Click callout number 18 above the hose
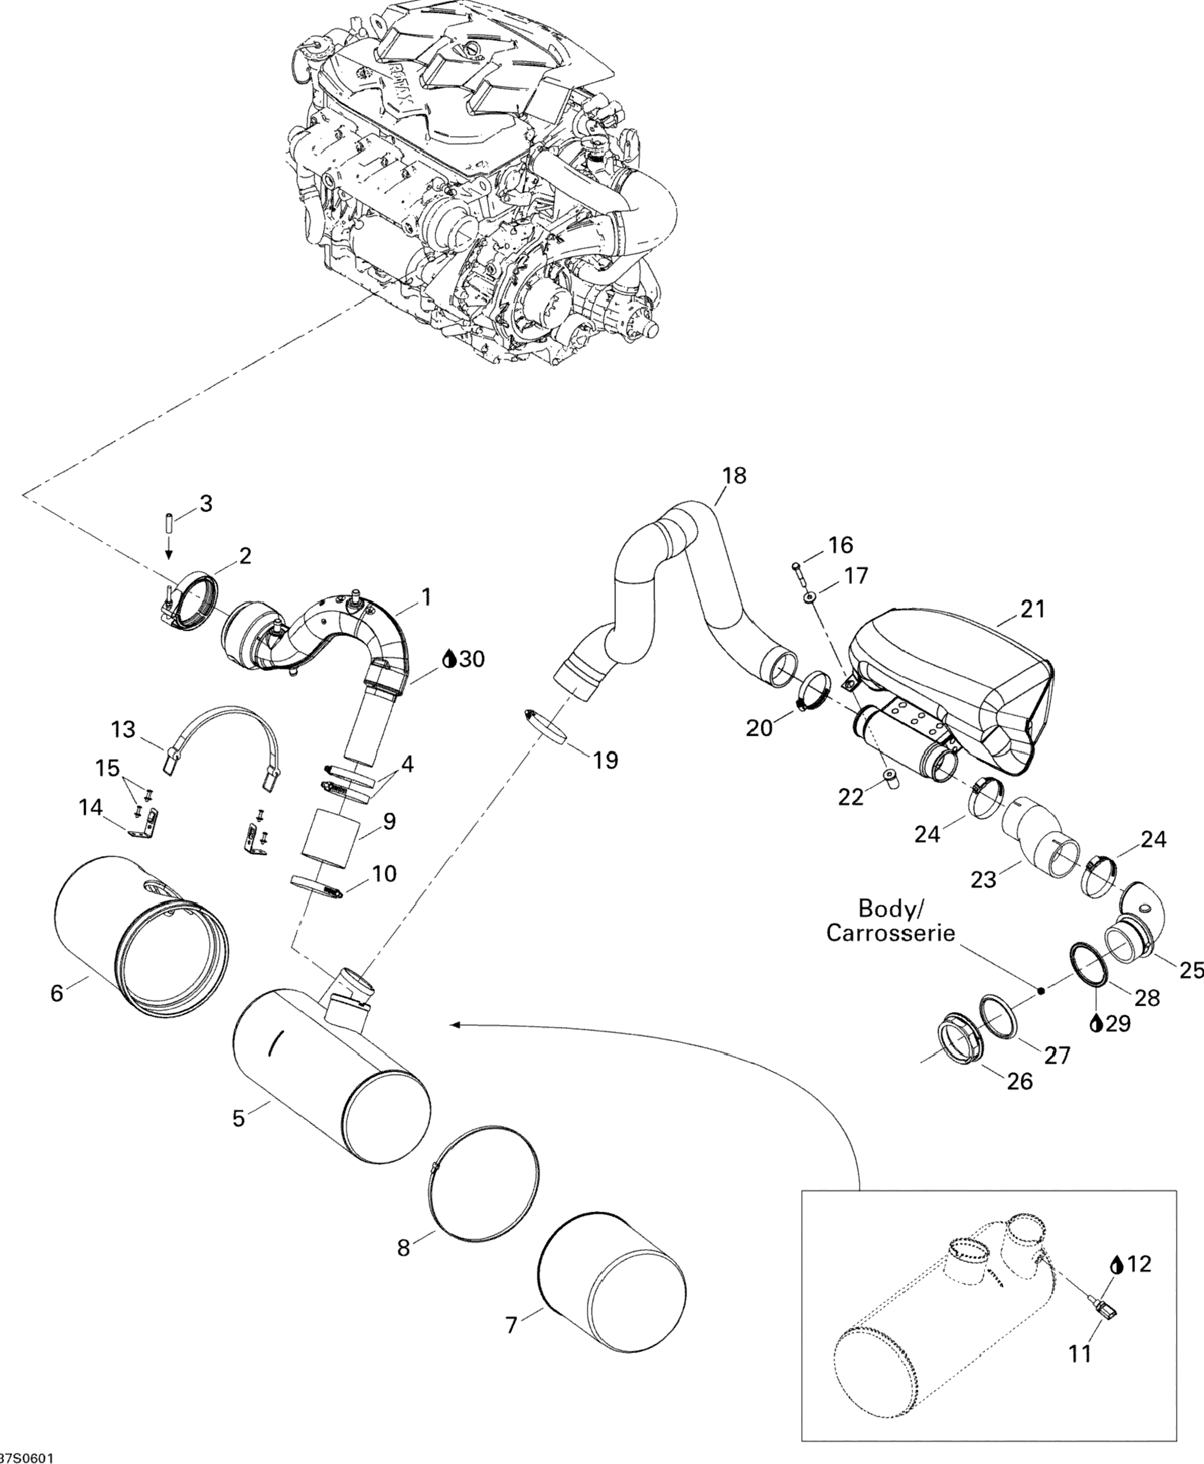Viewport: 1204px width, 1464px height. pyautogui.click(x=734, y=476)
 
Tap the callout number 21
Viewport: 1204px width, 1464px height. pyautogui.click(x=1033, y=609)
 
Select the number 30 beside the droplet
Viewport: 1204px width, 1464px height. pyautogui.click(x=472, y=659)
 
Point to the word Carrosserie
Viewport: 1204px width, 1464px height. pyautogui.click(x=890, y=933)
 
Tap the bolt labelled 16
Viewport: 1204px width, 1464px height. pyautogui.click(x=796, y=570)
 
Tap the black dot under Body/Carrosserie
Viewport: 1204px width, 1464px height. pyautogui.click(x=1041, y=991)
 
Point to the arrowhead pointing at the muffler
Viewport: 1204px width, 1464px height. pyautogui.click(x=454, y=1024)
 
